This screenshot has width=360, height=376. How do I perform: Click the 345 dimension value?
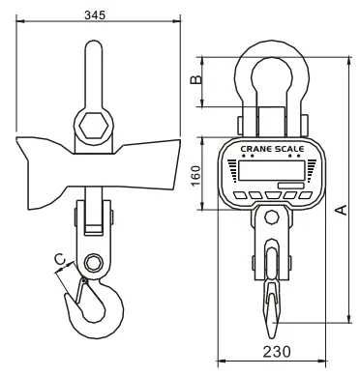point(95,14)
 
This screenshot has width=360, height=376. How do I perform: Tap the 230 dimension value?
point(277,352)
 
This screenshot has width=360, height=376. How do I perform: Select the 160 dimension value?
point(195,176)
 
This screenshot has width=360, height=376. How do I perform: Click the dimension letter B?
point(195,79)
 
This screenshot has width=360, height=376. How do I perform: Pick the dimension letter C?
point(59,259)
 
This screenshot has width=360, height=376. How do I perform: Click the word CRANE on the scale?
point(256,149)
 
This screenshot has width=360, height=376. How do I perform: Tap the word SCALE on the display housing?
point(289,149)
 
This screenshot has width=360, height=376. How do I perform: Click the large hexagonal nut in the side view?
point(94,126)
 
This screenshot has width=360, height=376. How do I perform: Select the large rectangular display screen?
point(272,170)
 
